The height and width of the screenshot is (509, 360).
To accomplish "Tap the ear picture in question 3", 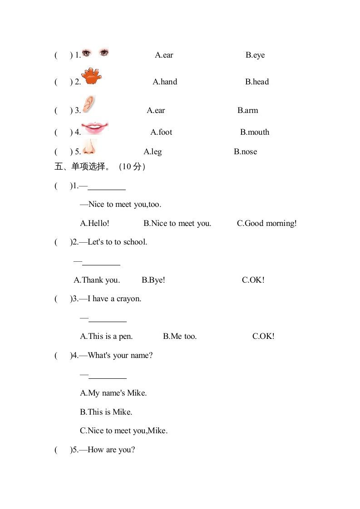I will [89, 104].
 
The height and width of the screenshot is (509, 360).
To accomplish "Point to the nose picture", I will [89, 147].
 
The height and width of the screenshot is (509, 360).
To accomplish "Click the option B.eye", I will [255, 55].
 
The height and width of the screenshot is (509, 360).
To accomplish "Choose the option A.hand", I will [165, 82].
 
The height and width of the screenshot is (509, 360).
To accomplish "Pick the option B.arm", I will [247, 111].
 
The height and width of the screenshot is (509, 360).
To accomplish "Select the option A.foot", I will [161, 132].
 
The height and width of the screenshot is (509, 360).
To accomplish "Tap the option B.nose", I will [245, 152].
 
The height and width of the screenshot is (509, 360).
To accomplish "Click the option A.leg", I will [153, 152].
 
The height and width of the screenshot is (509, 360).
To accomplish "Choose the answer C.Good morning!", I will [266, 224].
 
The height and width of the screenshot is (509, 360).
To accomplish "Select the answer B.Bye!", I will [153, 280].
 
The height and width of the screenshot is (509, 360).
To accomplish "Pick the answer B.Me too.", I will [180, 337].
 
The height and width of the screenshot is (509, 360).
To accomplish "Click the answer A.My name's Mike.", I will [113, 393].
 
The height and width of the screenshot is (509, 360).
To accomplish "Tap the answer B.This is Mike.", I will [106, 412].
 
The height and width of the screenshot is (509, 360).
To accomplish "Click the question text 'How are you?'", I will [111, 450].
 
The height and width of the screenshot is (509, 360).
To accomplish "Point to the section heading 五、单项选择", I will [82, 167].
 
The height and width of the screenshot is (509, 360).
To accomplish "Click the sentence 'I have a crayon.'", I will [114, 299].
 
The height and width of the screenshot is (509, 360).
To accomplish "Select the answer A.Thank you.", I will [97, 280].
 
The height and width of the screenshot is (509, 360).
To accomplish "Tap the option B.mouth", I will [255, 132].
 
